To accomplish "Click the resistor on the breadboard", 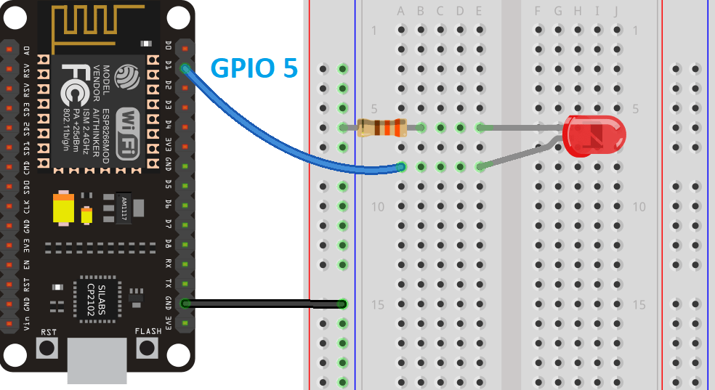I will [382, 129].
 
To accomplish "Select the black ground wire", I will [262, 303].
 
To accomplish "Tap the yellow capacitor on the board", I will [64, 208].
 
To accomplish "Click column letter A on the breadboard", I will [401, 11].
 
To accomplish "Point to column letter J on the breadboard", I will [615, 11].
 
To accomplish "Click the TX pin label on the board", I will [169, 283].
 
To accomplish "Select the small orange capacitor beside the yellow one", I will [87, 216].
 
